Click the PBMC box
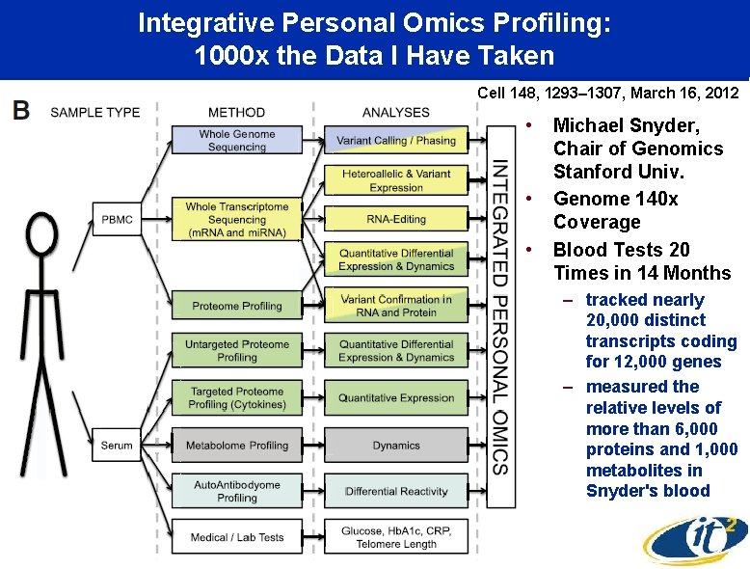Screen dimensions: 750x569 coord(117,219)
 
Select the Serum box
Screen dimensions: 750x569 coord(117,445)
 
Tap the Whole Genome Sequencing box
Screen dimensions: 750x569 coord(237,140)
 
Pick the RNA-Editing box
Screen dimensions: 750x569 coord(396,219)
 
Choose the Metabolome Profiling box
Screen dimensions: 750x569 coord(237,445)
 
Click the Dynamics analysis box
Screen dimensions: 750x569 coord(396,445)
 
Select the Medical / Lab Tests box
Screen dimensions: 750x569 coord(237,536)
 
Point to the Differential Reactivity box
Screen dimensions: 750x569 coord(396,491)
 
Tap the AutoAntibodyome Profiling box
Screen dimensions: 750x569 coord(237,491)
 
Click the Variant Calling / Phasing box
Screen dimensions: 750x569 coord(396,140)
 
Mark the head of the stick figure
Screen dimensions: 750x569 coord(42,234)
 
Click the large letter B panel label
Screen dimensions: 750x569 coord(21,110)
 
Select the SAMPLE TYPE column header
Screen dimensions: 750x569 coord(95,113)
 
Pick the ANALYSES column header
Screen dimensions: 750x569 coord(396,113)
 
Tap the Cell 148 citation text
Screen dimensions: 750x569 coord(608,93)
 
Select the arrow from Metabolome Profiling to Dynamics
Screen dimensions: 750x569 coord(313,445)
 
